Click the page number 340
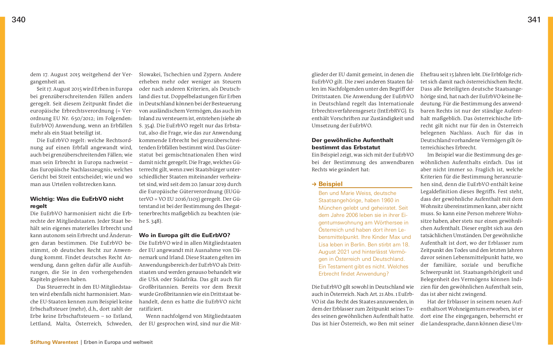pyautogui.click(x=19, y=20)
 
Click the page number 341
pyautogui.click(x=534, y=20)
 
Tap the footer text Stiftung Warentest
pyautogui.click(x=54, y=342)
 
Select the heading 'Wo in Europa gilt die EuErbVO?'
pyautogui.click(x=184, y=235)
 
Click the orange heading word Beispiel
pyautogui.click(x=330, y=184)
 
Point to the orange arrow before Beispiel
pyautogui.click(x=314, y=184)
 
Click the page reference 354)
pyautogui.click(x=146, y=126)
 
